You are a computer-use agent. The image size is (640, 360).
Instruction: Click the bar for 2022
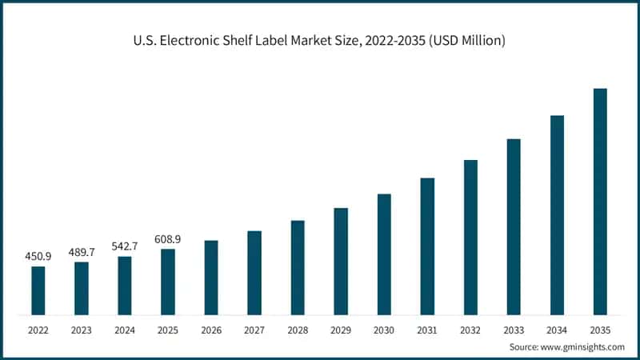point(38,290)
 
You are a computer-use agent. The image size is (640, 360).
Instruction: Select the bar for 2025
point(168,282)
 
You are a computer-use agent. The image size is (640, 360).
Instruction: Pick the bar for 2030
point(384,254)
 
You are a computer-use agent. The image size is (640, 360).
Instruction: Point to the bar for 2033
point(514,227)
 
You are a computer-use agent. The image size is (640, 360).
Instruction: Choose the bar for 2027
point(254,273)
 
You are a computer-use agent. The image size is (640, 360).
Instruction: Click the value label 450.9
point(38,256)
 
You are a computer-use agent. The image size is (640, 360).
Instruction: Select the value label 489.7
point(82,252)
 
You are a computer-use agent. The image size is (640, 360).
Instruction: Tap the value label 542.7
point(125,246)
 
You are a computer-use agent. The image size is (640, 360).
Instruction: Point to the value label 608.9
point(168,239)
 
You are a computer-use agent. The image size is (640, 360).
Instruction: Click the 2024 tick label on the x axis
point(125,329)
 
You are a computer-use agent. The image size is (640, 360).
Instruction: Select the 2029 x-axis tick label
point(341,329)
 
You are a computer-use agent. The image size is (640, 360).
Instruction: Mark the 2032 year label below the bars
point(470,329)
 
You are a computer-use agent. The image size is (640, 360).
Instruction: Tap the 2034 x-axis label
point(557,329)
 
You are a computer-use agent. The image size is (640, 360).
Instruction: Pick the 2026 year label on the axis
point(211,329)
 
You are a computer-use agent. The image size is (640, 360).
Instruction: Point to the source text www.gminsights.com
point(583,346)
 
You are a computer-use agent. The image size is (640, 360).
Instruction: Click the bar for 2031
point(427,246)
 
